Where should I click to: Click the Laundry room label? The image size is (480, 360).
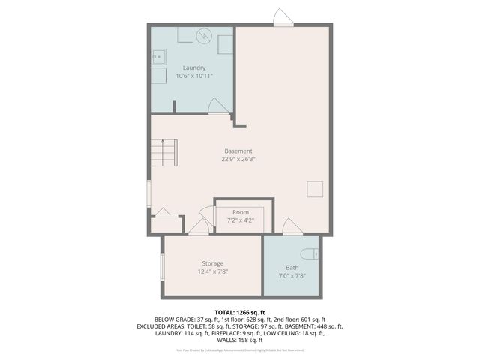click(194, 67)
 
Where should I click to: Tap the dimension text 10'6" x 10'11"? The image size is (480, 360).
click(194, 76)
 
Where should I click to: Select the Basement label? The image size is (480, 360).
click(238, 151)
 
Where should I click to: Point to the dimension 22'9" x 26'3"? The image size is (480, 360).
click(238, 159)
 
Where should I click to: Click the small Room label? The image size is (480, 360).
click(240, 213)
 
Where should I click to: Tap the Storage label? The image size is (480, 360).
click(212, 263)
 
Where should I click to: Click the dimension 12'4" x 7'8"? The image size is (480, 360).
click(212, 271)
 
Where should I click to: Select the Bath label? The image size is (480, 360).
click(292, 268)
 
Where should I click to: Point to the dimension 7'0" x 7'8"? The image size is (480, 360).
click(292, 276)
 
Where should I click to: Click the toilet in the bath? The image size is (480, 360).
click(310, 253)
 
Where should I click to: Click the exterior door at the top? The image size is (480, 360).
click(282, 17)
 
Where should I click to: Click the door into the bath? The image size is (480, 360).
click(289, 226)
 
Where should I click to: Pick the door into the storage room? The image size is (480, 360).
click(199, 226)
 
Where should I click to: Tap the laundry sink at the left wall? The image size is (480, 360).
click(157, 55)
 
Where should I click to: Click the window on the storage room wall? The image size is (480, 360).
click(162, 268)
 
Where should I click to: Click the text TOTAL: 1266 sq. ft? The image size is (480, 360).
click(239, 311)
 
